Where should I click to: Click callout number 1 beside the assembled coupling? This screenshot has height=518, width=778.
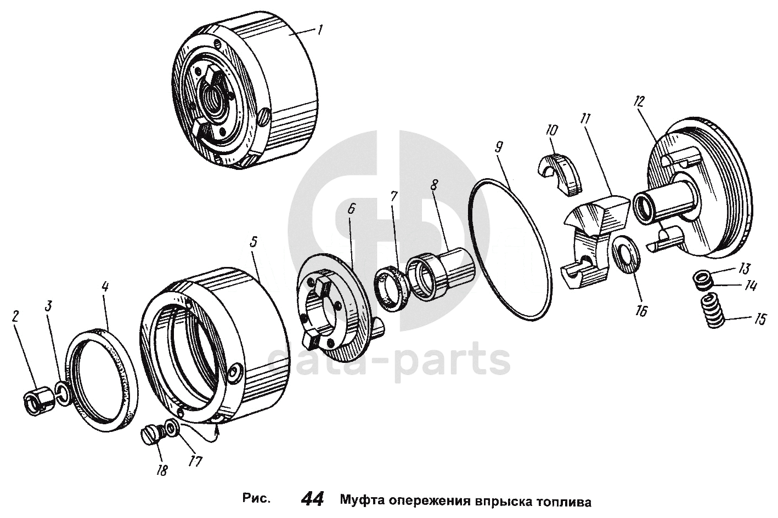pos(320,30)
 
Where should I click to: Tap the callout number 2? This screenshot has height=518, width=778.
pos(15,317)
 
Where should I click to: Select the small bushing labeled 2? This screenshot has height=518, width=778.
pos(39,402)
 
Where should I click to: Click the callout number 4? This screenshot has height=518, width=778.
pos(105,287)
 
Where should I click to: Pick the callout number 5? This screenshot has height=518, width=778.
pos(254,242)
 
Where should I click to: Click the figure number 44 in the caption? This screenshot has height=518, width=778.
pos(312,499)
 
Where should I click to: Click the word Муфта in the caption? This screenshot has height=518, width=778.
pos(361,500)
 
